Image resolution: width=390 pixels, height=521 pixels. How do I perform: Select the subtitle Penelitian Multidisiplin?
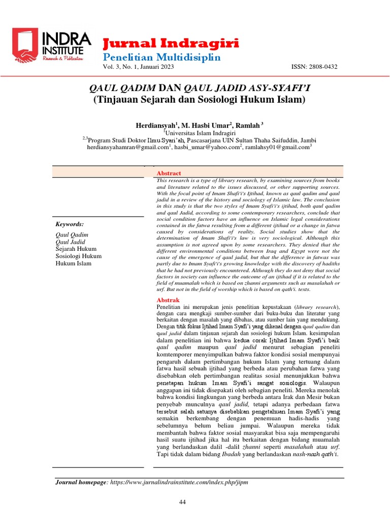pos(161,56)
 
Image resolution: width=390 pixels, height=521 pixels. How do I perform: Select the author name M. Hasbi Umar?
pos(208,126)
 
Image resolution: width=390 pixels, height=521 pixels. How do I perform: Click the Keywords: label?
pos(70,224)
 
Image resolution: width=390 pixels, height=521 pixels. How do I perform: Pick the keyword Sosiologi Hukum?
pos(79,256)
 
